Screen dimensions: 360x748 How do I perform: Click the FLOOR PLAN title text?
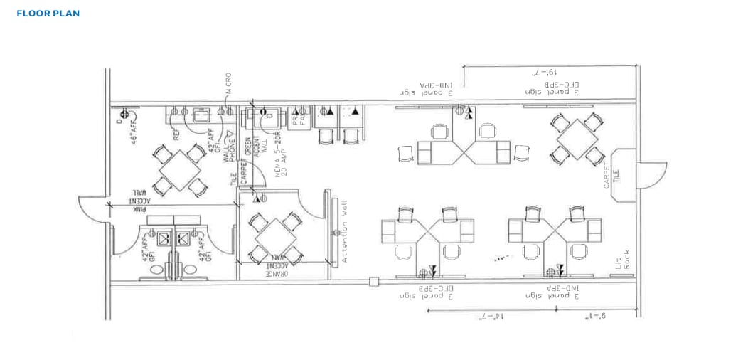click(x=48, y=14)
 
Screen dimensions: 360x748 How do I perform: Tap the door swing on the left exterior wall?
click(x=92, y=208)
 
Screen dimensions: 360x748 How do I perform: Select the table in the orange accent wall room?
click(x=276, y=236)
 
